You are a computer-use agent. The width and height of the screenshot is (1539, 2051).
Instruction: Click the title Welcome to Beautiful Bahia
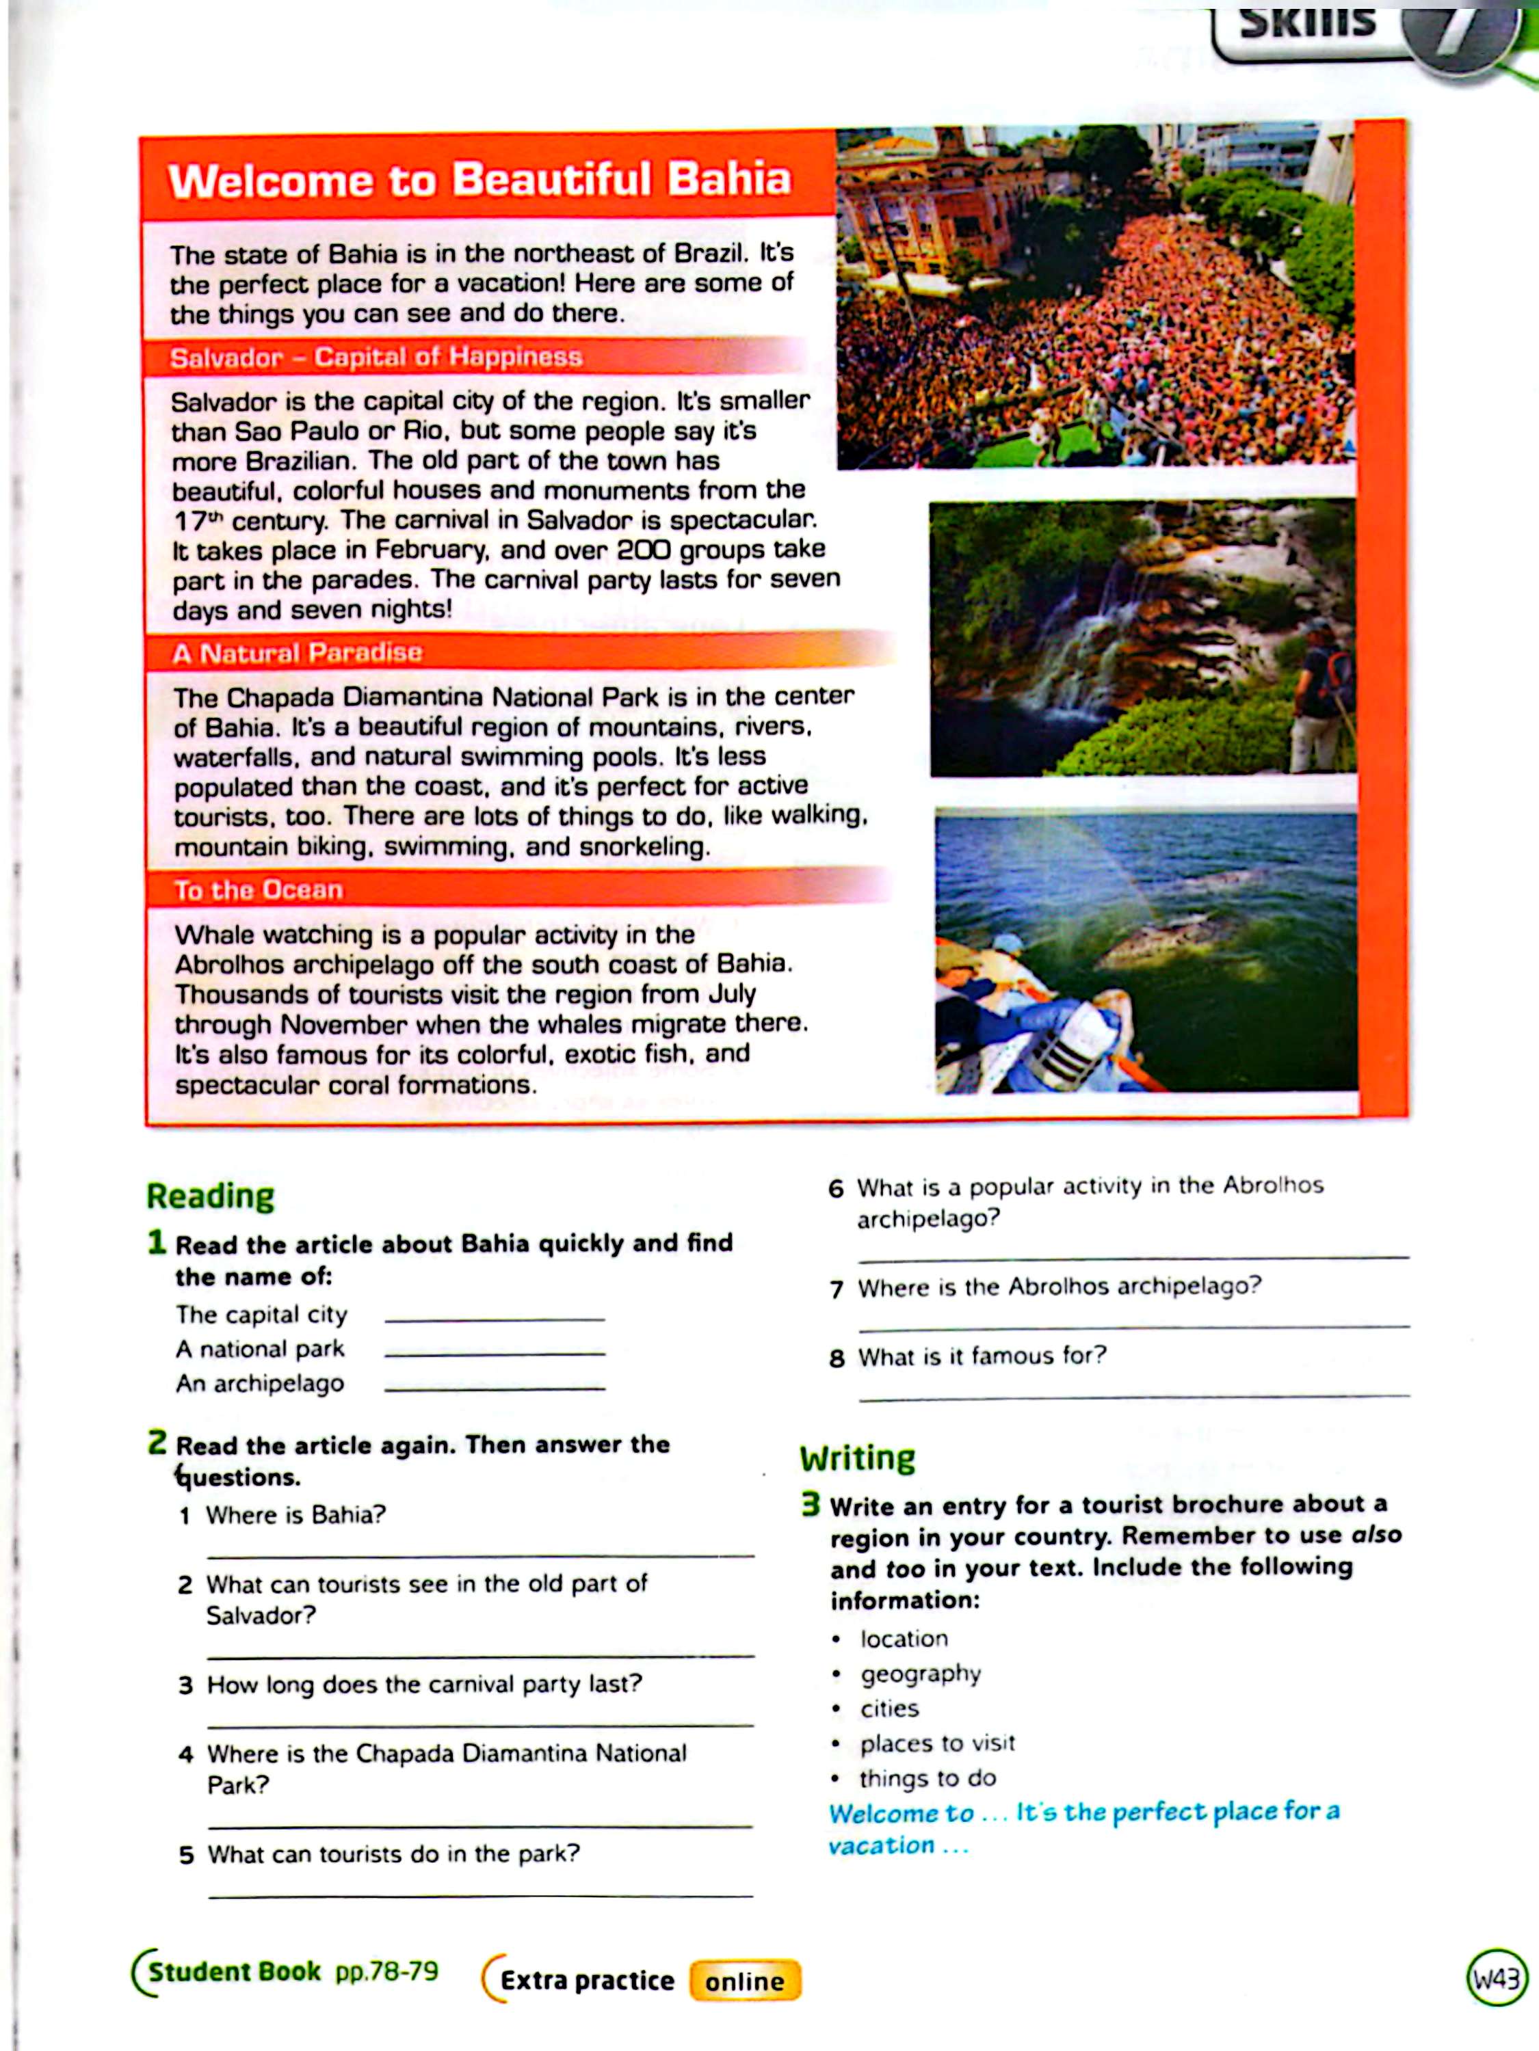coord(479,180)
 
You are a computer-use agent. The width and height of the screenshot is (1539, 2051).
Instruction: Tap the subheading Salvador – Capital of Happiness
coord(376,358)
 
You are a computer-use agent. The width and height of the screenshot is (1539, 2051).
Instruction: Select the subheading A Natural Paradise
coord(297,654)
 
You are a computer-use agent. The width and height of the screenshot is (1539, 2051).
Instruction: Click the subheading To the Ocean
coord(258,890)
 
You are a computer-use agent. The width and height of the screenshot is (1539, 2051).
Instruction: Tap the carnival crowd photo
coord(1094,297)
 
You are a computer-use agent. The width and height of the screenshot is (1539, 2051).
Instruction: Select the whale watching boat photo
coord(1146,950)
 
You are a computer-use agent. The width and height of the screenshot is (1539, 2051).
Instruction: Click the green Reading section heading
coord(211,1196)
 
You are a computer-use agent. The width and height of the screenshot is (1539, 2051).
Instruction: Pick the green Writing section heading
coord(857,1458)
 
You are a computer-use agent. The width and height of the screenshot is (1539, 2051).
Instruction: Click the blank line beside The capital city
coord(495,1317)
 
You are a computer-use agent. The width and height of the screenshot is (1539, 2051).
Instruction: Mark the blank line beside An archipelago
coord(495,1386)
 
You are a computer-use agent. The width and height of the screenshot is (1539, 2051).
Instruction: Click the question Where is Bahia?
coord(295,1515)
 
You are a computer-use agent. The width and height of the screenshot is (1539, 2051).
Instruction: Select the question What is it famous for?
coord(982,1356)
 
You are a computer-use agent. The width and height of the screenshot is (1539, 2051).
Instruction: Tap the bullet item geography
coord(920,1674)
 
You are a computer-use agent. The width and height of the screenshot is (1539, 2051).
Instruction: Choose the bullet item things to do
coord(928,1778)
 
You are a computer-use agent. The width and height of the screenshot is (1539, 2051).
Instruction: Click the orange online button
coord(744,1981)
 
